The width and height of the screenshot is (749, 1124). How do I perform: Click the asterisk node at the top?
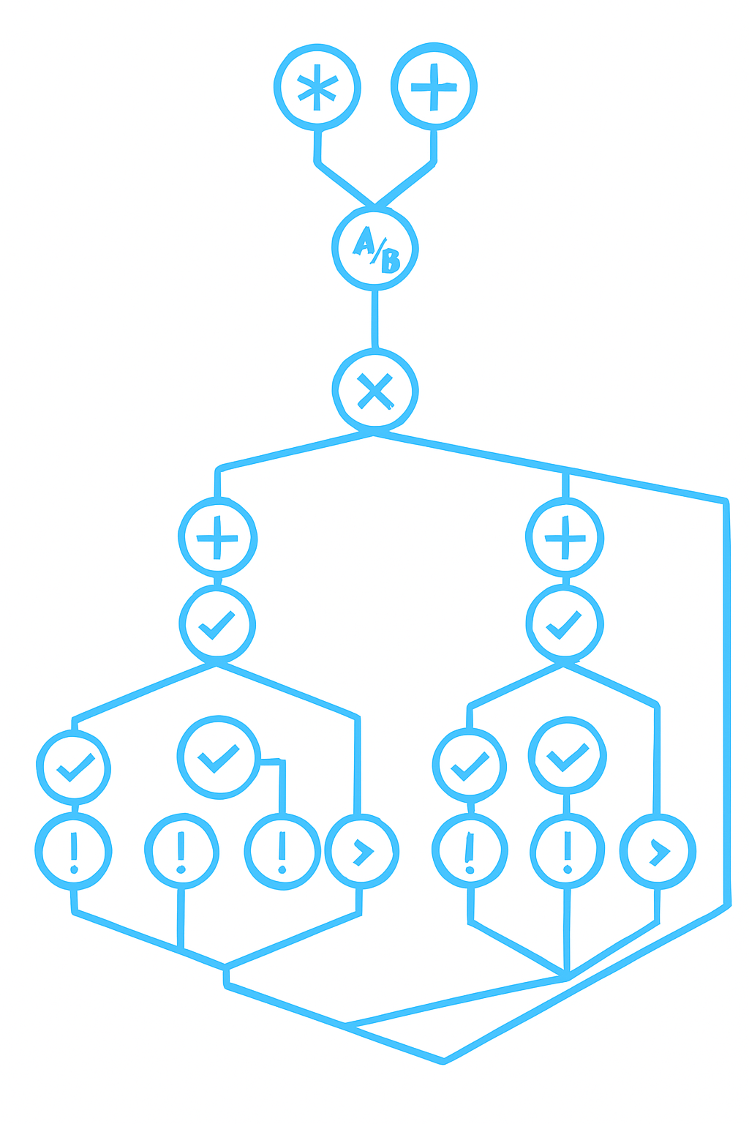tap(317, 88)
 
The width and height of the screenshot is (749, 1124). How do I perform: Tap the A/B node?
tap(374, 249)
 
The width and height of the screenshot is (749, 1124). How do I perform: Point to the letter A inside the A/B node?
tap(364, 240)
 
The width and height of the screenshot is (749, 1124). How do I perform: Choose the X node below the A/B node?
tap(375, 390)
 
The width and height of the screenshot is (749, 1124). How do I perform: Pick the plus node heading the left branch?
tap(218, 539)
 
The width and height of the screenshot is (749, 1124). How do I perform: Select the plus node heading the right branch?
tap(565, 539)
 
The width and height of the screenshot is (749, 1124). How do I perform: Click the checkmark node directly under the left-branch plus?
tap(217, 624)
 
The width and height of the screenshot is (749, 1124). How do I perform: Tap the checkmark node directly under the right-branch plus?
tap(565, 624)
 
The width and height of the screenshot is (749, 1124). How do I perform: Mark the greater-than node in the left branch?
tap(362, 853)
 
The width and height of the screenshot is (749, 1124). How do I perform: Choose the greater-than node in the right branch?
tap(658, 853)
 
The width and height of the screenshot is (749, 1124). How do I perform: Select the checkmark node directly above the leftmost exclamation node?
tap(74, 768)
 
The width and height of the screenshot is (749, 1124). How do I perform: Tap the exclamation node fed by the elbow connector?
tap(282, 853)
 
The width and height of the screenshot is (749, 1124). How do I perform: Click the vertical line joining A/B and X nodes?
tap(375, 318)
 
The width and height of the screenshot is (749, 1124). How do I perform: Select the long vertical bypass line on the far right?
tap(727, 702)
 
